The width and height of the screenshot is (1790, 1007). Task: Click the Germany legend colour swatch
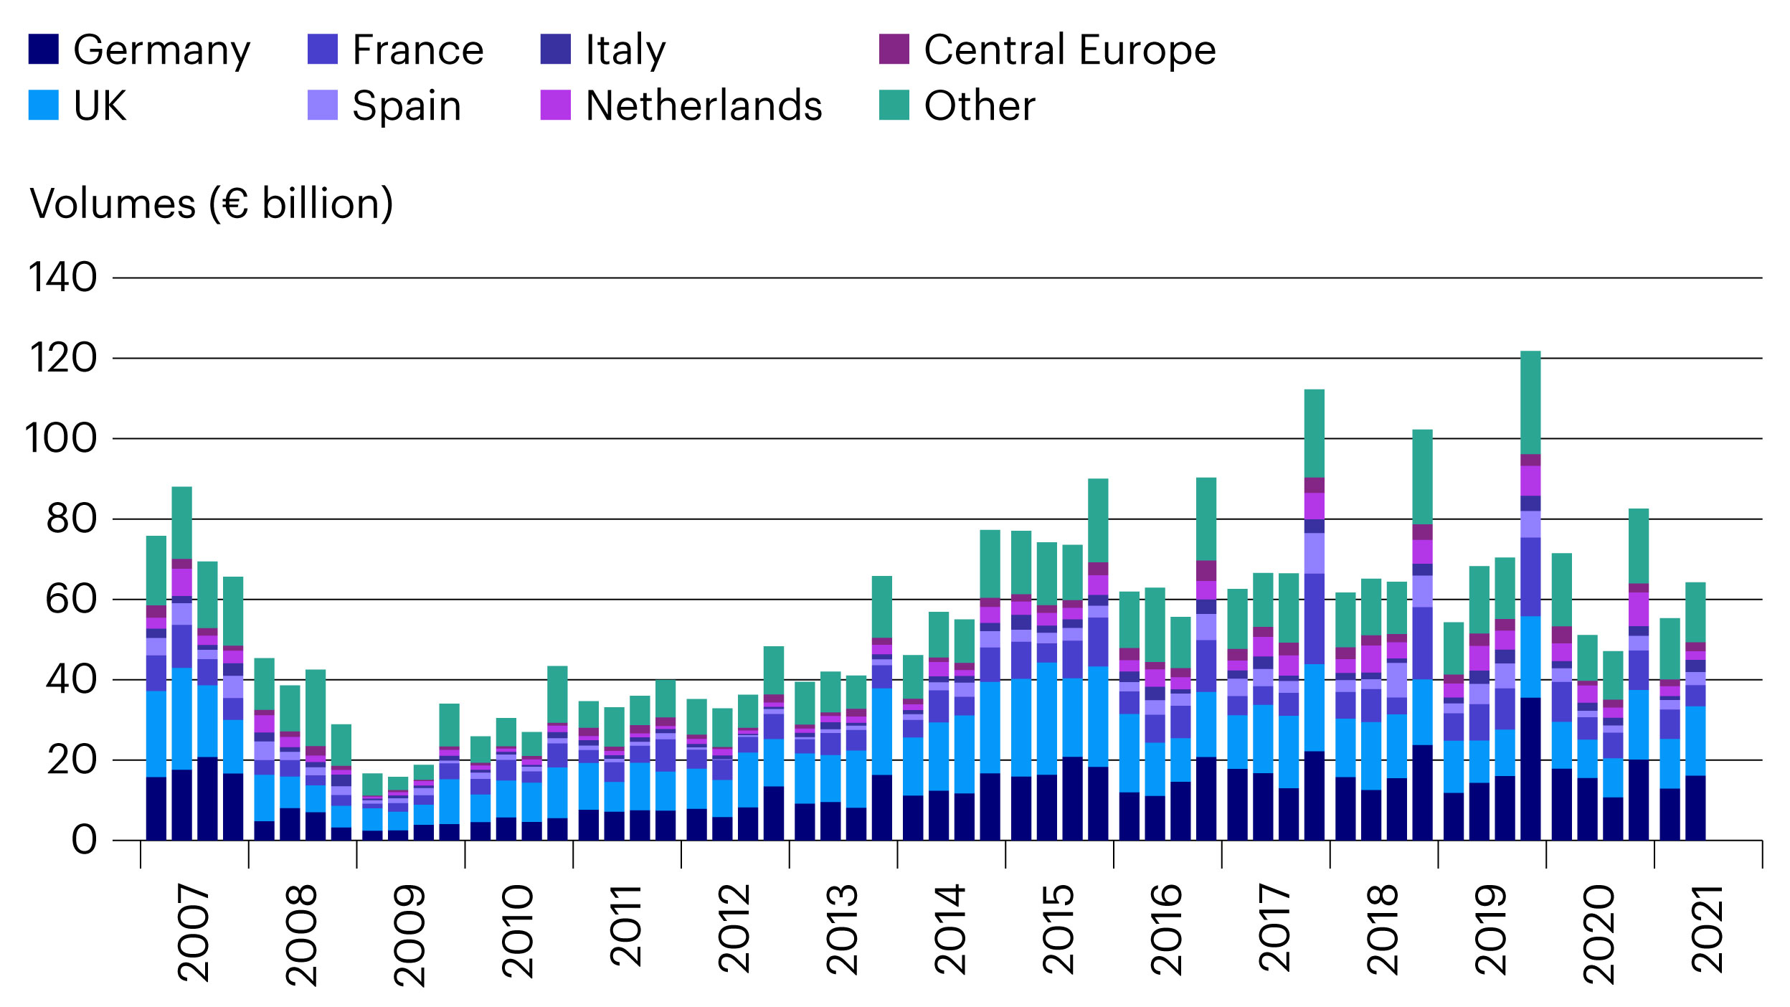pos(43,49)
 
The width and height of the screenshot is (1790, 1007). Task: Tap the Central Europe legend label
pos(1069,49)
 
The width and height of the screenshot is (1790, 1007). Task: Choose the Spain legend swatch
pos(322,105)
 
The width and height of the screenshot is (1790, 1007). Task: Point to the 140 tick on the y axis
pos(62,278)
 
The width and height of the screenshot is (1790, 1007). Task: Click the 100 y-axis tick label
pos(61,438)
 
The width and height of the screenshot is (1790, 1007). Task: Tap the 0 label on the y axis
pos(84,840)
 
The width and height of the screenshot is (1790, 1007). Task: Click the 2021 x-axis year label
pos(1708,930)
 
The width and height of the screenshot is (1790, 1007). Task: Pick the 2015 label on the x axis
pos(1059,930)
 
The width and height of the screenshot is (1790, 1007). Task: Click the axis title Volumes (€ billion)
pos(212,204)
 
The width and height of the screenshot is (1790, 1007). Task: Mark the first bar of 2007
pos(156,689)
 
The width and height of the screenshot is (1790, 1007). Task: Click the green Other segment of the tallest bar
pos(1530,402)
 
